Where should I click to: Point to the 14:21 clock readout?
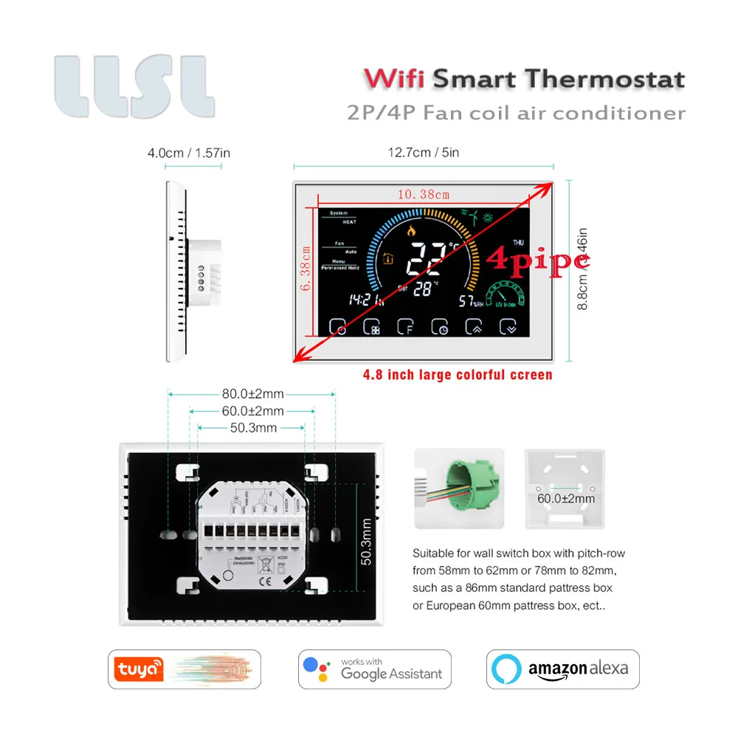(364, 299)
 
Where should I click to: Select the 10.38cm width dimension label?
(424, 195)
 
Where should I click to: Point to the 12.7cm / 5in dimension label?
(424, 153)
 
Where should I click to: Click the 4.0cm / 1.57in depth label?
(189, 153)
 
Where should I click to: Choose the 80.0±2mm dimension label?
(252, 394)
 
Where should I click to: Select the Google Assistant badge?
(374, 669)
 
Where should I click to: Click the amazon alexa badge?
(562, 669)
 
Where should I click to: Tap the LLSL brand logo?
(134, 86)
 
